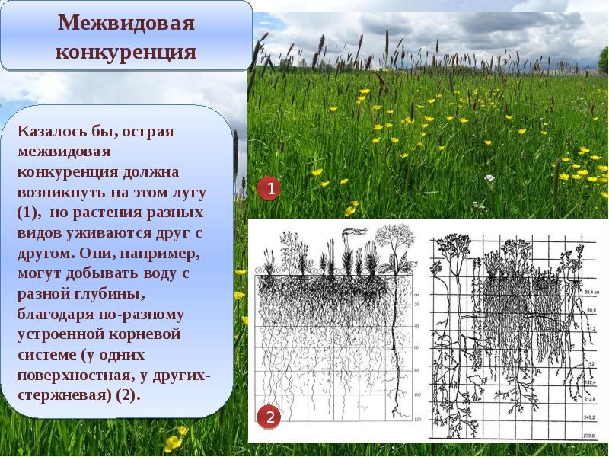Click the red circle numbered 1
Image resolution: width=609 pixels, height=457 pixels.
(x=268, y=188)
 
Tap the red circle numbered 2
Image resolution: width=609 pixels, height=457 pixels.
(x=268, y=417)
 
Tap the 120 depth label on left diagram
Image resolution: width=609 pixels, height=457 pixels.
(x=416, y=420)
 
